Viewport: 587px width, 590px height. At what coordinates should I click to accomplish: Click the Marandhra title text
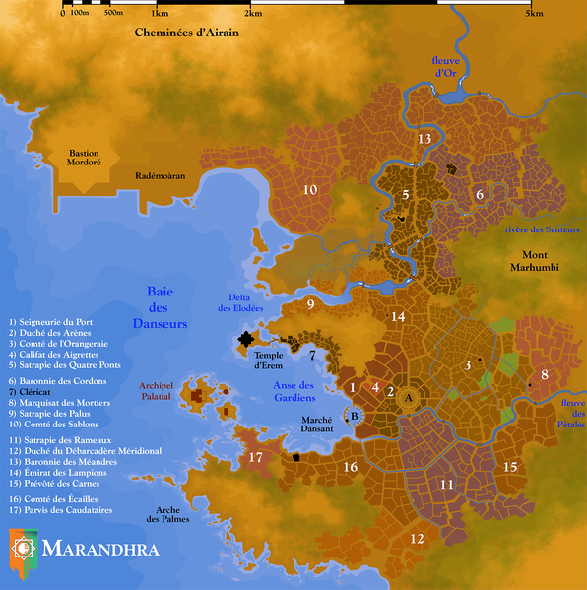[100, 546]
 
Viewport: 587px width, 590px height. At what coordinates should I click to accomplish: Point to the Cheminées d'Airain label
[187, 33]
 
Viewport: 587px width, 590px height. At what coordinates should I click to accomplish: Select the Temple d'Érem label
[270, 360]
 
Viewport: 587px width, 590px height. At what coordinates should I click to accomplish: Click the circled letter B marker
[355, 416]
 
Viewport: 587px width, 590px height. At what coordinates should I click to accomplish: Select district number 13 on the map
[424, 139]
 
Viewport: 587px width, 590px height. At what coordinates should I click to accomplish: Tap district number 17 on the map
[255, 457]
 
